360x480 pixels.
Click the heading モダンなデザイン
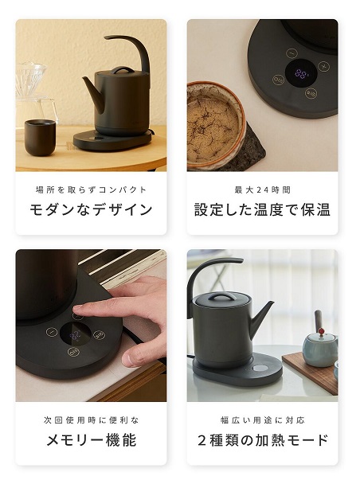tap(91, 209)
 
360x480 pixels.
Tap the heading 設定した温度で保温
tap(262, 209)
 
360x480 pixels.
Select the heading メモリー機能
tap(91, 440)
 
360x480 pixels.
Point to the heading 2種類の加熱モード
tap(262, 440)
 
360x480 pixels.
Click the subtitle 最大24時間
tap(262, 189)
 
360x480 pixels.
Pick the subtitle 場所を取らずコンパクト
tap(91, 189)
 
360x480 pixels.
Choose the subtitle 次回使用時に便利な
tap(91, 420)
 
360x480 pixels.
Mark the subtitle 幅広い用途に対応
tap(262, 420)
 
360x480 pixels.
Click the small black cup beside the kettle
tap(40, 138)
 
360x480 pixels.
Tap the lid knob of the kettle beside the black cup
tap(123, 70)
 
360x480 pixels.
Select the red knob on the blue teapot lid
tap(322, 331)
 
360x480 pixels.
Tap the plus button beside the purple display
tap(323, 66)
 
